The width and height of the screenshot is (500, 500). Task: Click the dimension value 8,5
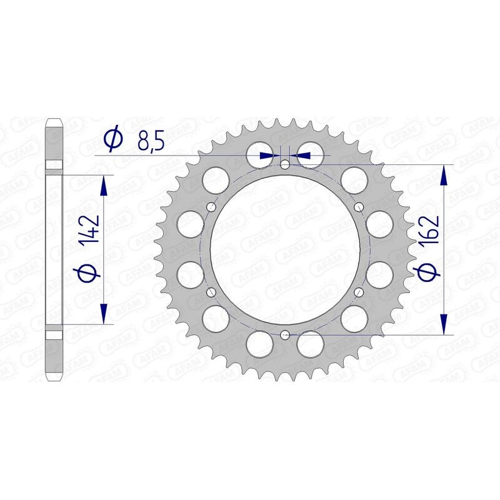pyautogui.click(x=151, y=142)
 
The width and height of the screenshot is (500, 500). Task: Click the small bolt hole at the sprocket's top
pyautogui.click(x=285, y=165)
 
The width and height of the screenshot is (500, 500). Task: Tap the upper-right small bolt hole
pyautogui.click(x=359, y=207)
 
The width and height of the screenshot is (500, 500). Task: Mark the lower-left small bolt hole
pyautogui.click(x=211, y=292)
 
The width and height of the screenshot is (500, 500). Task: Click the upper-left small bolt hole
pyautogui.click(x=211, y=207)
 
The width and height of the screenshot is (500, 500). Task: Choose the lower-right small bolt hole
pyautogui.click(x=359, y=292)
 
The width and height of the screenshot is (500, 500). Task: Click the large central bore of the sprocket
pyautogui.click(x=285, y=250)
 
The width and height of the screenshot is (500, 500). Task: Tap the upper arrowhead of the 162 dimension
pyautogui.click(x=444, y=177)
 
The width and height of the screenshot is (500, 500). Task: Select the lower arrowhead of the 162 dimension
pyautogui.click(x=444, y=324)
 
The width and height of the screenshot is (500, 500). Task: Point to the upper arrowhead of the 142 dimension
pyautogui.click(x=103, y=185)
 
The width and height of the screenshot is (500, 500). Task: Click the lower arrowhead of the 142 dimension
pyautogui.click(x=103, y=314)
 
